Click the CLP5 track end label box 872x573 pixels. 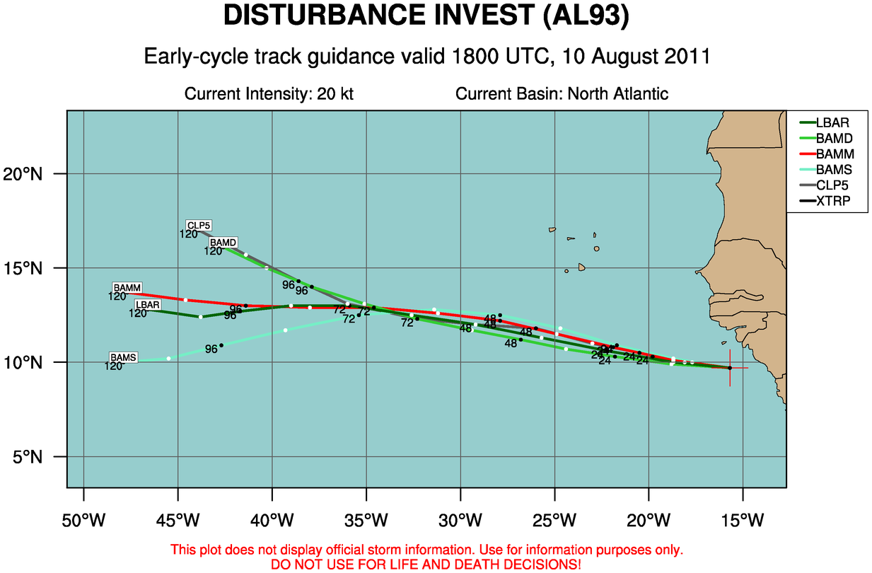[x=199, y=226]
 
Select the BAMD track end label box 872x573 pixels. [x=223, y=243]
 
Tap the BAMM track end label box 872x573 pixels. [x=127, y=288]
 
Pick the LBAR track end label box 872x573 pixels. [x=148, y=305]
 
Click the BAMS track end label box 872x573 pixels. [x=123, y=358]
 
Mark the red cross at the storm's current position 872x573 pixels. [x=730, y=368]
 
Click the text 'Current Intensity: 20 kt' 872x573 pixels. [x=269, y=94]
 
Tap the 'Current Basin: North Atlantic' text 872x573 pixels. [x=562, y=94]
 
